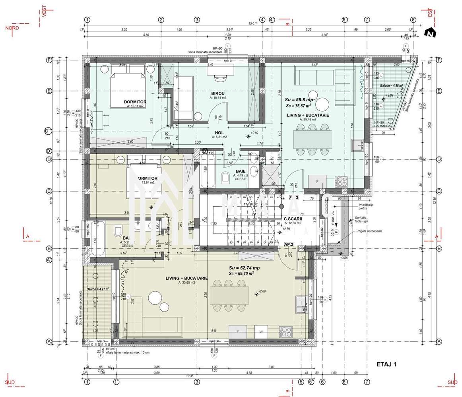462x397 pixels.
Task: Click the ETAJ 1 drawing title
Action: coord(386,364)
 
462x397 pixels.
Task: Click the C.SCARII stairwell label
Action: coord(293,219)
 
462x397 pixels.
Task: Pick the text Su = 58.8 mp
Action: coord(299,100)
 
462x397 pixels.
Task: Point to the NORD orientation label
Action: coord(13,28)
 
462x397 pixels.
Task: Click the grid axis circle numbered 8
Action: coord(413,19)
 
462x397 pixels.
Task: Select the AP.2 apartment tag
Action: coord(289,245)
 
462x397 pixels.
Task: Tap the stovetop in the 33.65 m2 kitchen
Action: coord(285,331)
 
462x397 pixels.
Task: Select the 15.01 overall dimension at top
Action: coord(252,23)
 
